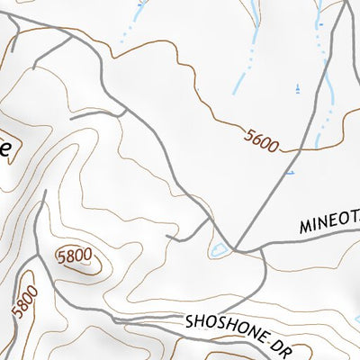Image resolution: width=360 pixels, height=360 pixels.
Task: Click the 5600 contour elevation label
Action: coord(262,139)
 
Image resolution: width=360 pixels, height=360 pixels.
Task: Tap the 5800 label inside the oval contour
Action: coord(74,256)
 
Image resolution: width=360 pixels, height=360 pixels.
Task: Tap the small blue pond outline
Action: coord(218,249)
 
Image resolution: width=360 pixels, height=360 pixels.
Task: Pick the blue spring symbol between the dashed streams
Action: coord(297,88)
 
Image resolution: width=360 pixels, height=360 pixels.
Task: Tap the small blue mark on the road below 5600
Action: coord(289,171)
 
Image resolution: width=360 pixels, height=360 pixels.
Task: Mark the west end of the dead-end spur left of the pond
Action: coord(167,236)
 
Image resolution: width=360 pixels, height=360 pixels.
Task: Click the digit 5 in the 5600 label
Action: coord(247,133)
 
